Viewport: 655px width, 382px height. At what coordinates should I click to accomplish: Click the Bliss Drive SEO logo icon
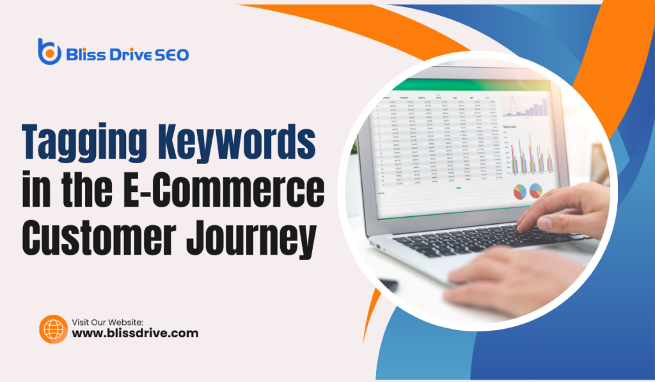point(49,51)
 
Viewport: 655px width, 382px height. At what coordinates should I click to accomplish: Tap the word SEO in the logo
point(170,56)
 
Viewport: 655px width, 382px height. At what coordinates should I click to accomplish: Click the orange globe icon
point(53,328)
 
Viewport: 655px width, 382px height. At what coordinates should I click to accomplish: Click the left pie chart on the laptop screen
point(519,191)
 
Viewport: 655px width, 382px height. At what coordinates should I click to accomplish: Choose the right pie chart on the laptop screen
point(535,190)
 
